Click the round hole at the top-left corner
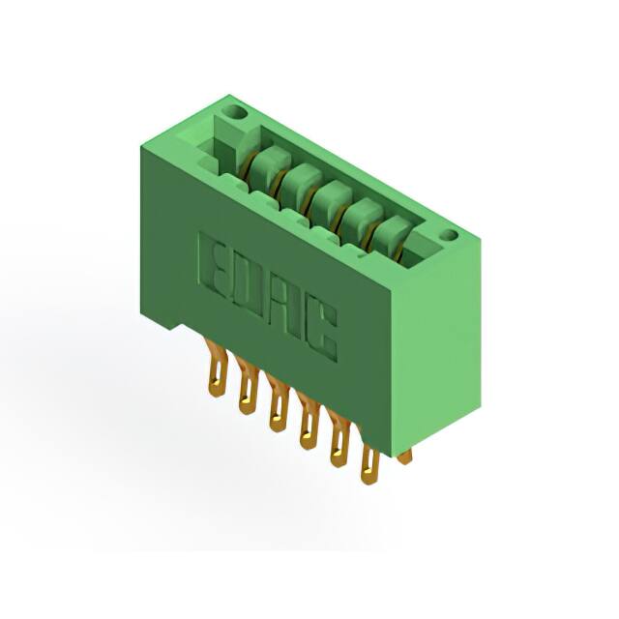point(231,113)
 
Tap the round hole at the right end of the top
point(448,235)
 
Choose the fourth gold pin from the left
point(309,425)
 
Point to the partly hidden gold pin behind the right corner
point(404,455)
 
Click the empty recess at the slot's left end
point(219,150)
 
